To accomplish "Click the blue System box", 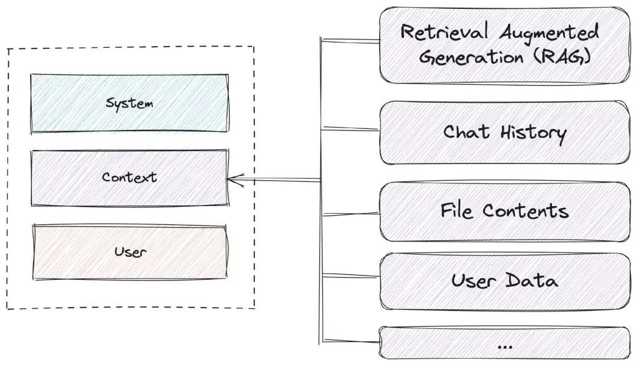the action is [x=130, y=103].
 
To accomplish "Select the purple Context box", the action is [x=130, y=178].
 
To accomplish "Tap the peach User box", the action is [x=130, y=252].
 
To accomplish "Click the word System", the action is [x=130, y=103].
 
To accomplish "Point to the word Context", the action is [x=129, y=177].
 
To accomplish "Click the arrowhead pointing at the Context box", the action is [x=235, y=179].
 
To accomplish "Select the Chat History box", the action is [x=505, y=133].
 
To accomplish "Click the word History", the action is [x=533, y=133].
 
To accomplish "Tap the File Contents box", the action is [x=505, y=211].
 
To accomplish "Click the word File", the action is [x=457, y=211].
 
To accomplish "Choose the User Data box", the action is [x=505, y=282].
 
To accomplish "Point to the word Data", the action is [x=531, y=280].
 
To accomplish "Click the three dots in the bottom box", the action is [x=504, y=347].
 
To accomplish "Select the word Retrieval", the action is [x=444, y=32].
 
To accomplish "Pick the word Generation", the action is [x=471, y=57].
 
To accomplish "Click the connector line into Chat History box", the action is [x=350, y=129].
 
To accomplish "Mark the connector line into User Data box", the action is [x=350, y=276].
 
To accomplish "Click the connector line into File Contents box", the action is [x=350, y=214].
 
